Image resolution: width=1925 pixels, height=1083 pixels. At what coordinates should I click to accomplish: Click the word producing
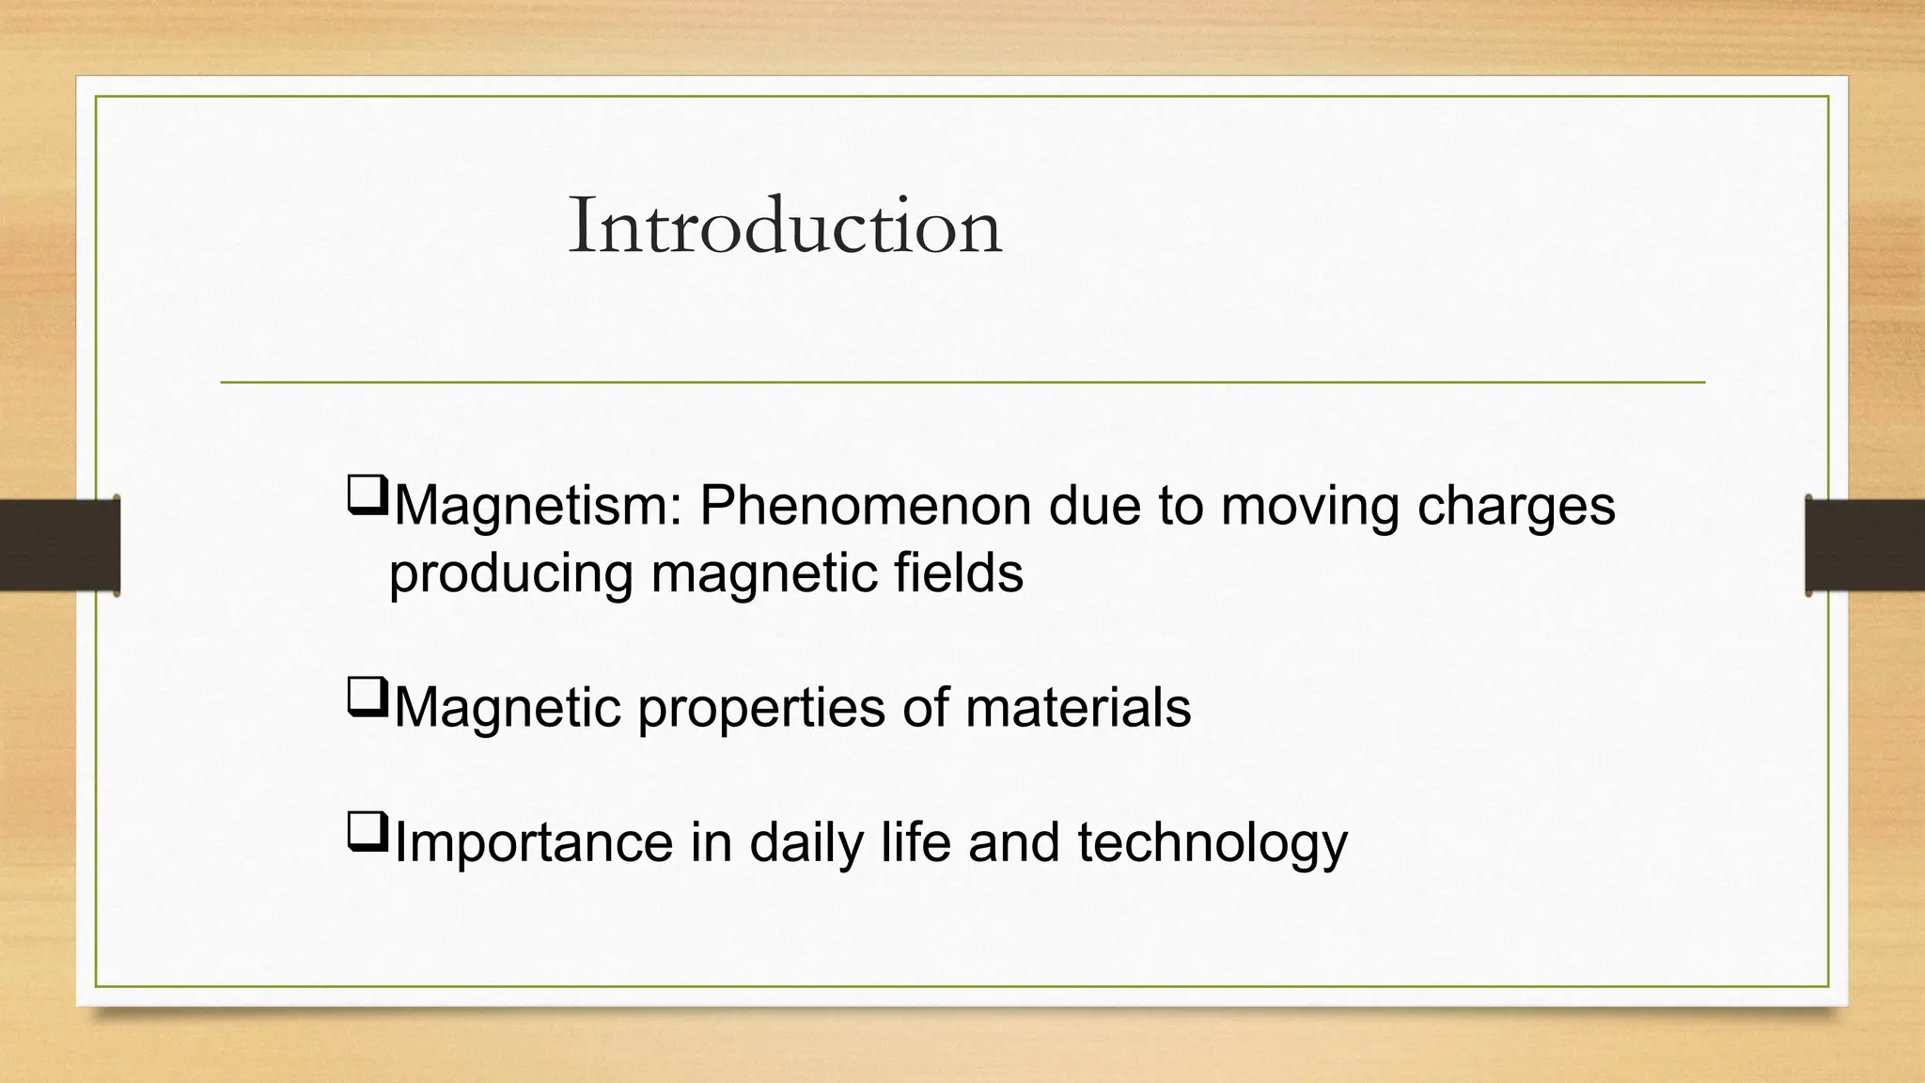click(x=510, y=575)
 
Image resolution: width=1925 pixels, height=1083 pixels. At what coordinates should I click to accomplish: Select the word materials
click(x=1078, y=707)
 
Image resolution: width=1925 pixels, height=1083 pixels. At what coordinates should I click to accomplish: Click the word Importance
click(x=533, y=843)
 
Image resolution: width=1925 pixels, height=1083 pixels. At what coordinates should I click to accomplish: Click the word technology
click(x=1213, y=843)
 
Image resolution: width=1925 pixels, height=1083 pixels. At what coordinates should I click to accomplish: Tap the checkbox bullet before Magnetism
click(x=367, y=495)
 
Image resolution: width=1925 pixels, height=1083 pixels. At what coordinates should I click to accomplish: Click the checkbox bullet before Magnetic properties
click(x=367, y=698)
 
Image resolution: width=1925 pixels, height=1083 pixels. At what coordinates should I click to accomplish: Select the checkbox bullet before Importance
click(x=367, y=832)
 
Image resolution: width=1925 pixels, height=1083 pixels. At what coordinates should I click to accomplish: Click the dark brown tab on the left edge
click(x=59, y=545)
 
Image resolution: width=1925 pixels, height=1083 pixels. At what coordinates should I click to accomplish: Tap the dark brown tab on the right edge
click(x=1865, y=545)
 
